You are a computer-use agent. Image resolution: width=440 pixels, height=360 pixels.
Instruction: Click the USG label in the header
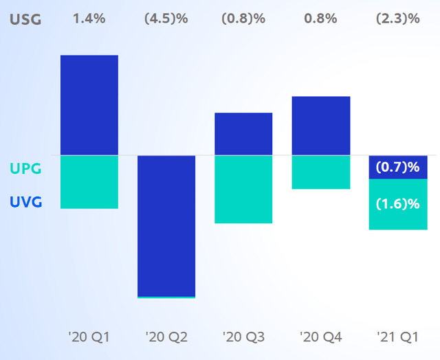tap(25, 19)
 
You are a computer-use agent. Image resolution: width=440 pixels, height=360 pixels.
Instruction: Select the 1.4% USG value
tap(89, 19)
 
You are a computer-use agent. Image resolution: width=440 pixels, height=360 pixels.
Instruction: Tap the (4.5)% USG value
tap(166, 19)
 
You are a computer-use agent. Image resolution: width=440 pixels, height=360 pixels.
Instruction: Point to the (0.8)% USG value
tap(243, 19)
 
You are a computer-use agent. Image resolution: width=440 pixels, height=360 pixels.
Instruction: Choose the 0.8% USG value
tap(321, 19)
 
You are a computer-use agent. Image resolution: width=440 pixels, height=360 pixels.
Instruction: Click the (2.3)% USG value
tap(398, 19)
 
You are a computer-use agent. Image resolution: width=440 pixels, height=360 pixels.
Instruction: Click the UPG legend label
tap(25, 168)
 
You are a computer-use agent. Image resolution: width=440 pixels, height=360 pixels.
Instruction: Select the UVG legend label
tap(25, 203)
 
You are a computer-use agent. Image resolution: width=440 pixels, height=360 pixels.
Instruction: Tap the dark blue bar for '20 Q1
tap(89, 104)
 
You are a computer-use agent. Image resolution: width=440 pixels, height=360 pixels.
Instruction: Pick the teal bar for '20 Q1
tap(89, 181)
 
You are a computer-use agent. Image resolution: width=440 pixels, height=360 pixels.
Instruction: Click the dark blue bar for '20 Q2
tap(166, 225)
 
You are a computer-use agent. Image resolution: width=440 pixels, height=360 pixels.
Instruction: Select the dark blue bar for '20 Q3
tap(243, 134)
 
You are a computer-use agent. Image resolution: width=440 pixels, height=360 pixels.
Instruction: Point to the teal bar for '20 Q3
tap(243, 189)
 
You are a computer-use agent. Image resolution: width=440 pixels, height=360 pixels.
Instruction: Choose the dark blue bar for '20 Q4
tap(321, 126)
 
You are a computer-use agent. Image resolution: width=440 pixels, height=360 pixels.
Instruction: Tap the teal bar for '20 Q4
tap(321, 172)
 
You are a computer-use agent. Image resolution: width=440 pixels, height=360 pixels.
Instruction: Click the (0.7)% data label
tap(398, 167)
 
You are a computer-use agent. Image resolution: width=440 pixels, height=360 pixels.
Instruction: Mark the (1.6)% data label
tap(398, 203)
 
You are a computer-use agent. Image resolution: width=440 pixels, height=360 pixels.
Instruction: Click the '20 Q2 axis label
tap(166, 337)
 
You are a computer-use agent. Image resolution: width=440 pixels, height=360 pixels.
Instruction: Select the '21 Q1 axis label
tap(398, 337)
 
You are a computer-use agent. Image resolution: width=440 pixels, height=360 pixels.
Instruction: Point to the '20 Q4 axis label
tap(321, 337)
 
